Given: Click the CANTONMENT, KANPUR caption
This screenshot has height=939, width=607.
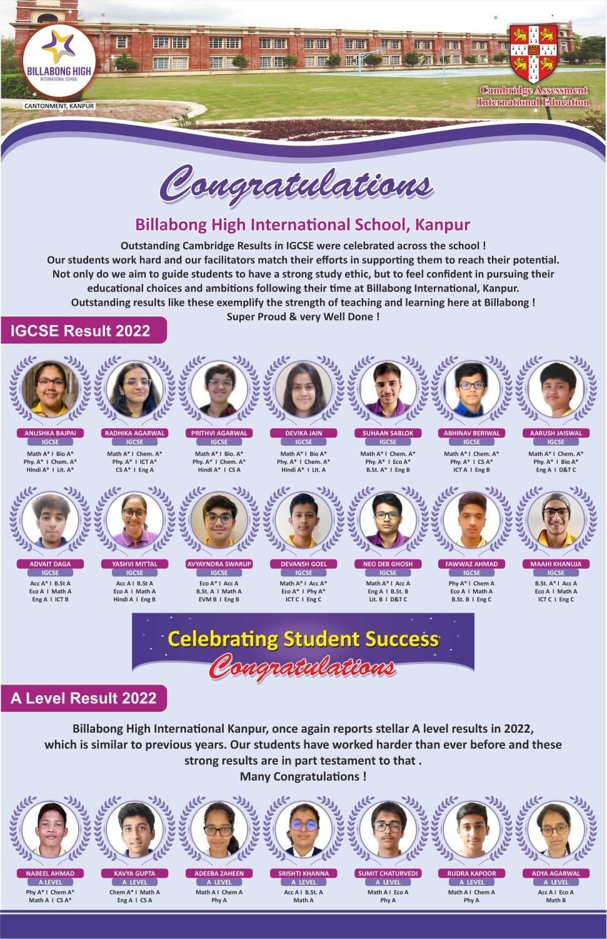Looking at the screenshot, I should pyautogui.click(x=59, y=106).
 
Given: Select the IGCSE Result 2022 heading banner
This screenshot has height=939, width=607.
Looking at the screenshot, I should pyautogui.click(x=81, y=331).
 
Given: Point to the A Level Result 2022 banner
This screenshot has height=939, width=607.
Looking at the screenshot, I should pyautogui.click(x=84, y=698).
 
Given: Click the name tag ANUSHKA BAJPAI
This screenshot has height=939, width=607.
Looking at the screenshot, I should pyautogui.click(x=50, y=433).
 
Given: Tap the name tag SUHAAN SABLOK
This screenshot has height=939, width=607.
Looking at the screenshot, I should pyautogui.click(x=388, y=433).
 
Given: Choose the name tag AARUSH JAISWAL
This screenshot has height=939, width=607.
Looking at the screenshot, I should pyautogui.click(x=556, y=433).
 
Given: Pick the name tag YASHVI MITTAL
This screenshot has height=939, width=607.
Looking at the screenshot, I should pyautogui.click(x=134, y=564).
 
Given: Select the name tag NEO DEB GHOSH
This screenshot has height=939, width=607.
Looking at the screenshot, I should pyautogui.click(x=388, y=564).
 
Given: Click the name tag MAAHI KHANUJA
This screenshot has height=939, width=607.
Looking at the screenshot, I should pyautogui.click(x=556, y=564).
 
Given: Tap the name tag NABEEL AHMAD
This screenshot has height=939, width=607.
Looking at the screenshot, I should pyautogui.click(x=50, y=873).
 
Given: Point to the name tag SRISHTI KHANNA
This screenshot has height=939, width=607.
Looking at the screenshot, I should pyautogui.click(x=303, y=873).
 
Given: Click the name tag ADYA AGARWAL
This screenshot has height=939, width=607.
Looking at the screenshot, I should pyautogui.click(x=556, y=873).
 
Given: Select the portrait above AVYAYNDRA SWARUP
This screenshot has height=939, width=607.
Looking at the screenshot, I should pyautogui.click(x=219, y=521).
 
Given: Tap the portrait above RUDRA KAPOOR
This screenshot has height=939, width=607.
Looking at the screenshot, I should pyautogui.click(x=471, y=830).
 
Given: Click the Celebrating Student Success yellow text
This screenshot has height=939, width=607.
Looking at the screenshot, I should pyautogui.click(x=303, y=639).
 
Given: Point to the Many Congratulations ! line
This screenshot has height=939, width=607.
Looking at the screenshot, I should pyautogui.click(x=303, y=776).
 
